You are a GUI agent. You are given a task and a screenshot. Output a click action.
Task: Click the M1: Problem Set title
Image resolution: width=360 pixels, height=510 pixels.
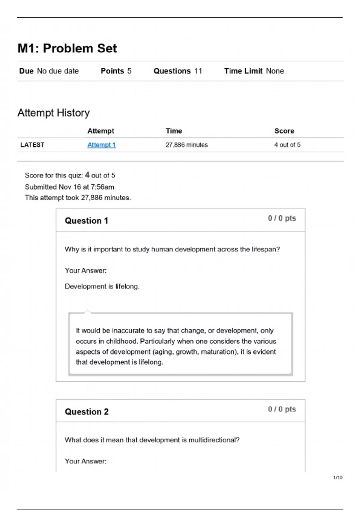tap(67, 48)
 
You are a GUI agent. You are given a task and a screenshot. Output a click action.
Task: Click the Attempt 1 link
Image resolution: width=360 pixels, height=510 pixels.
tap(101, 145)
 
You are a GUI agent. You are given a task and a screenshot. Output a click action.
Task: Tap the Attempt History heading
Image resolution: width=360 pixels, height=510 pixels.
tap(53, 113)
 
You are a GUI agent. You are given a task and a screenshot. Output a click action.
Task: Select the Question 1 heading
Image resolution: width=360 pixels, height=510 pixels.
tap(86, 221)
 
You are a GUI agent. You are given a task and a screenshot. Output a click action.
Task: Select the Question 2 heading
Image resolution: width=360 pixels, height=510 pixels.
tap(87, 412)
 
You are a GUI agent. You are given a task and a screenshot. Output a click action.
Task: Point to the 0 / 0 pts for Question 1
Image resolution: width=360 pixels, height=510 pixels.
tap(282, 218)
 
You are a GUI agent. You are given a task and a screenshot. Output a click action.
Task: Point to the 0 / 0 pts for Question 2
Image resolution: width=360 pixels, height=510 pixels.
tap(282, 409)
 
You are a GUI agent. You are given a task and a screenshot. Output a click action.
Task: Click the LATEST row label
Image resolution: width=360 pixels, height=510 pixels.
tap(32, 145)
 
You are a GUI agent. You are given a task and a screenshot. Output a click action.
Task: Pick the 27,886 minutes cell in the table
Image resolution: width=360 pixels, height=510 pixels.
tap(187, 145)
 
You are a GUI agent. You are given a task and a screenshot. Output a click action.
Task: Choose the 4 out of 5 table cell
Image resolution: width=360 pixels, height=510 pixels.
tap(287, 145)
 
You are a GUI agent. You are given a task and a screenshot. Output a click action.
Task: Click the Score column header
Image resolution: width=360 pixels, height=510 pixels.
tap(284, 131)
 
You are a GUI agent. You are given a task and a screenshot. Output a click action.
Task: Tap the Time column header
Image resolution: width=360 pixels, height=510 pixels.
tap(174, 131)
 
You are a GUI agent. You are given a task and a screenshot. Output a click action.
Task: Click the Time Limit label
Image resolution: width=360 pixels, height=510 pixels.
tap(243, 71)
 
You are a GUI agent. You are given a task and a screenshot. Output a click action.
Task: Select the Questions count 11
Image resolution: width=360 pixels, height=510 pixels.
tap(198, 71)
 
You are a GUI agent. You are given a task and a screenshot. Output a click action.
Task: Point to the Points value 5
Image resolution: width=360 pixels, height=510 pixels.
tap(129, 71)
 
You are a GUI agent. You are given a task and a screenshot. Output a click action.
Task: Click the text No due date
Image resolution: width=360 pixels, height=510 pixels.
tap(58, 71)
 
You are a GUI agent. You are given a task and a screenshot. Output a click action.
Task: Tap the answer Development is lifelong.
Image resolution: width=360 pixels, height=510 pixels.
tap(102, 286)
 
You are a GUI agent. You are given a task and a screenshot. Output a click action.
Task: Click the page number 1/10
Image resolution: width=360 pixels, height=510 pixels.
tap(337, 478)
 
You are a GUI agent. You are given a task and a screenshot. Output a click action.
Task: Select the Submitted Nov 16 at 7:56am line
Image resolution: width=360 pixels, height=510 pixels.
tap(69, 187)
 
